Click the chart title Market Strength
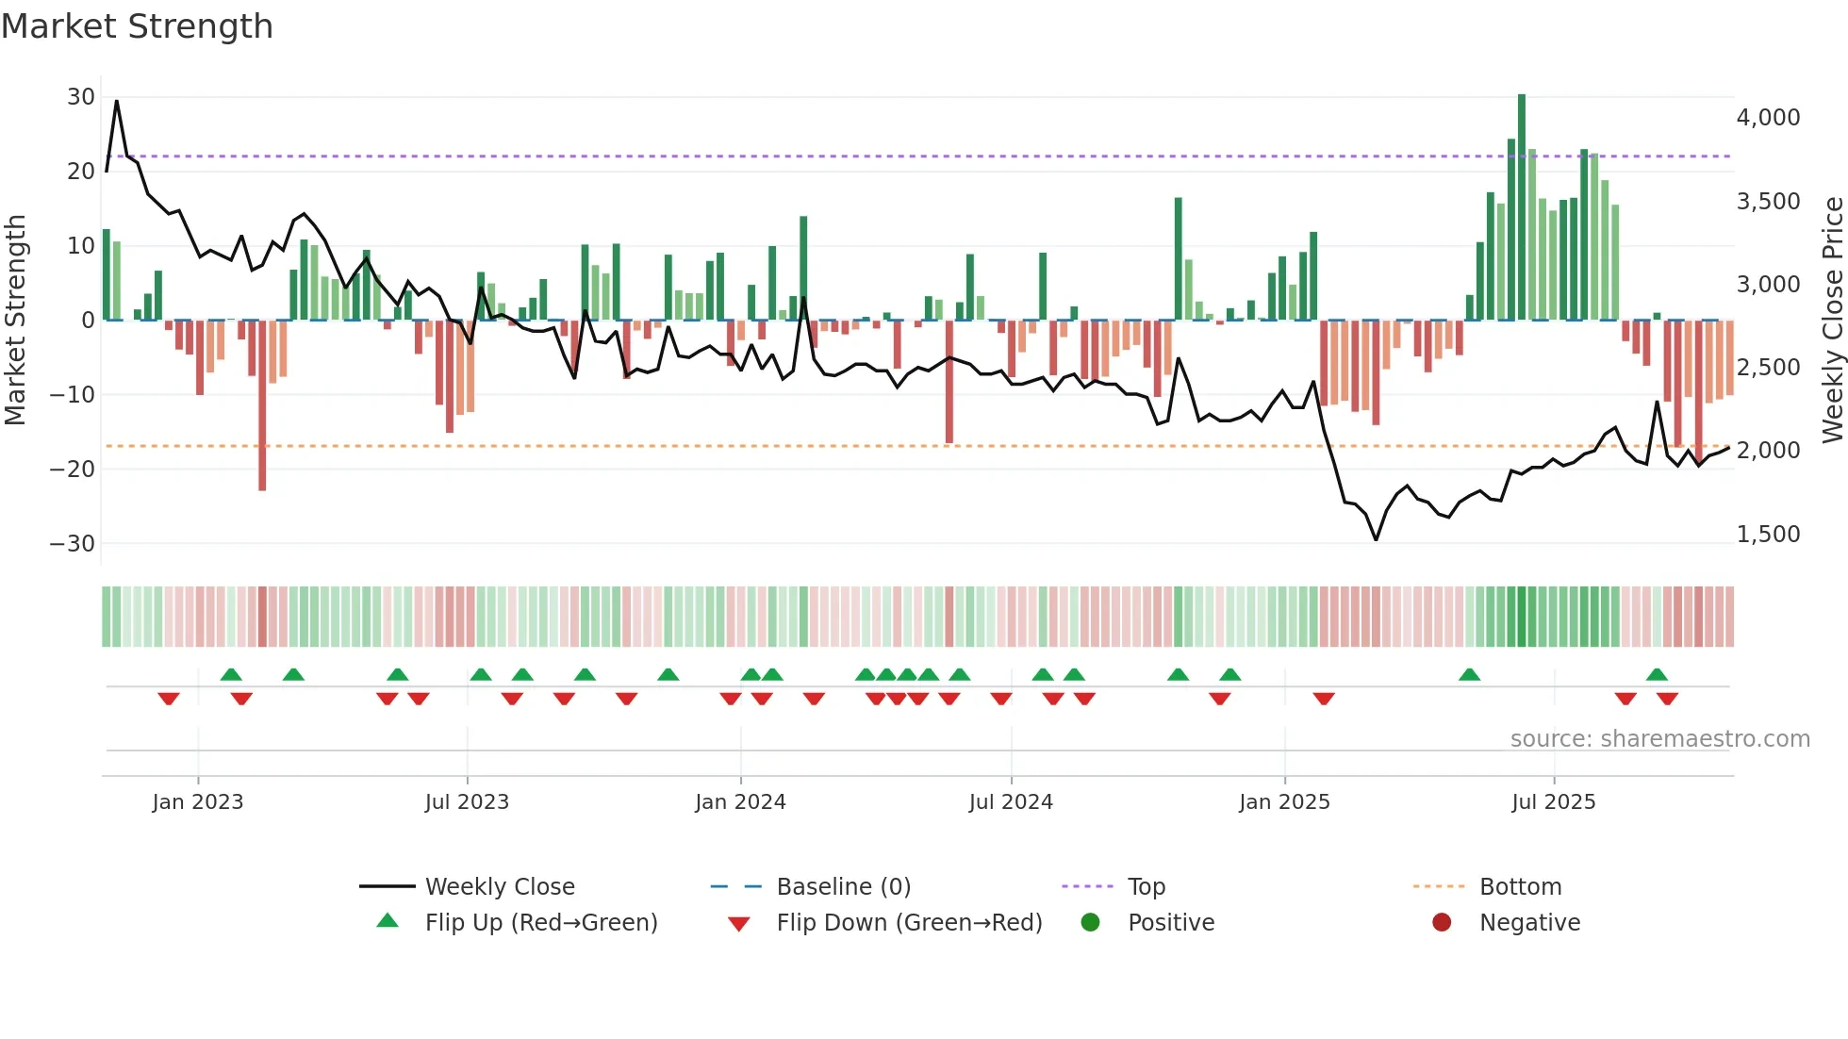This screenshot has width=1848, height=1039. point(137,26)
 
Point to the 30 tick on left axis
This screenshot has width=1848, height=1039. point(81,97)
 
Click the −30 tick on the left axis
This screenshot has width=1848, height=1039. point(74,544)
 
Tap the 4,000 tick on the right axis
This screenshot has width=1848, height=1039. point(1768,118)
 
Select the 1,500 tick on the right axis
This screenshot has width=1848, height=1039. point(1768,535)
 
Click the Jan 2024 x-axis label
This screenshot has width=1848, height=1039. point(740,802)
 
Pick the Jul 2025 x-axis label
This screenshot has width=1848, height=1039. point(1553,802)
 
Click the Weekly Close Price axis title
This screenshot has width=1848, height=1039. point(1832,320)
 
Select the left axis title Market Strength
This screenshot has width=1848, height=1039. point(15,320)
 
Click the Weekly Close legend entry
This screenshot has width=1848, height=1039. point(499,887)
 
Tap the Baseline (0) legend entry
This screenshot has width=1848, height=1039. point(843,887)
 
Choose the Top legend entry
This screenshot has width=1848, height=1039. point(1146,887)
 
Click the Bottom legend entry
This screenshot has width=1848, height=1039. point(1520,887)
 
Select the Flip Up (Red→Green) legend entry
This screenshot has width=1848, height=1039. point(540,923)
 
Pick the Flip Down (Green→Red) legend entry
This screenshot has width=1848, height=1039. point(909,923)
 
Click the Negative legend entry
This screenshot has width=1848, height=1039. point(1528,923)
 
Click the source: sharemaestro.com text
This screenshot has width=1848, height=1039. point(1659,739)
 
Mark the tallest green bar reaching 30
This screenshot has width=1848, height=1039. point(1522,207)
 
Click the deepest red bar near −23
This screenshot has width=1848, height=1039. point(262,405)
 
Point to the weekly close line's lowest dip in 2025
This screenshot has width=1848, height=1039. point(1376,539)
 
